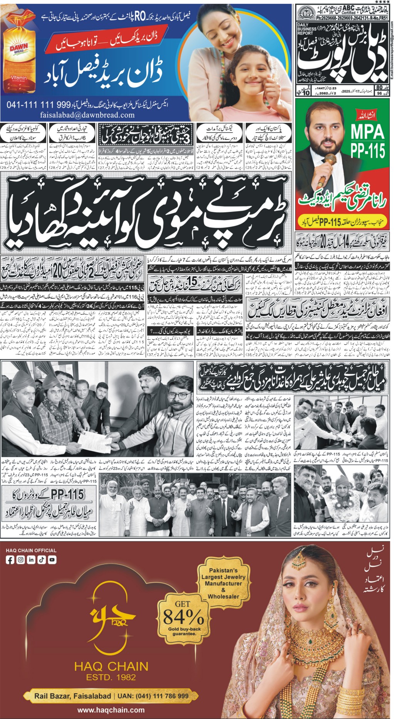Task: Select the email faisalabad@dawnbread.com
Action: point(87,115)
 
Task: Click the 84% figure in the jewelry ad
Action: point(183,616)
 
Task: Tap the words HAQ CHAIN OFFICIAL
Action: point(31,550)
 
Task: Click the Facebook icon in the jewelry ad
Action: point(10,560)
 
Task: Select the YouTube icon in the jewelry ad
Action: point(52,560)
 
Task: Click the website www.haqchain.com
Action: point(111,710)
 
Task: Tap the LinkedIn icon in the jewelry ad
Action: point(31,560)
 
